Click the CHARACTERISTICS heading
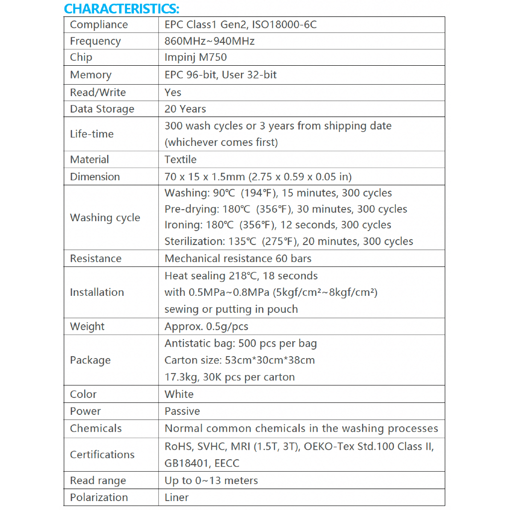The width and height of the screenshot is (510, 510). (122, 9)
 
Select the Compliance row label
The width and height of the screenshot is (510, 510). (99, 25)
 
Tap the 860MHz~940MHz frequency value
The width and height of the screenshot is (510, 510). (209, 41)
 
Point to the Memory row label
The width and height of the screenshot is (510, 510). (91, 75)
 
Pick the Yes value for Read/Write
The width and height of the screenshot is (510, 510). (173, 92)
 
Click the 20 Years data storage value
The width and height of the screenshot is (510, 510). (185, 109)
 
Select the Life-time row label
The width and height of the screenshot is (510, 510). (92, 133)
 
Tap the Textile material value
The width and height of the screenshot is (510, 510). (180, 159)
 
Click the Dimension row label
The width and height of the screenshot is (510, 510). (95, 176)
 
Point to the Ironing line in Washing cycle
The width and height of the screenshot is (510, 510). (278, 225)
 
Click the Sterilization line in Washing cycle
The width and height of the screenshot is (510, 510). (289, 241)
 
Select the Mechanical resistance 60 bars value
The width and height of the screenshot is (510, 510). (238, 258)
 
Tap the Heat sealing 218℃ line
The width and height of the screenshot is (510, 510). (241, 275)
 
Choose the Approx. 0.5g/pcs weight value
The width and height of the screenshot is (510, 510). (206, 326)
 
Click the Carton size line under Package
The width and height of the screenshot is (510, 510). (240, 360)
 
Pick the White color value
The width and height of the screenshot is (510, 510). (179, 394)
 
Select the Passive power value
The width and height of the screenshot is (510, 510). (182, 411)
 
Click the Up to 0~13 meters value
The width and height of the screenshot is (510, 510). (211, 481)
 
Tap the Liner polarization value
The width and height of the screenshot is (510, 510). (176, 497)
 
